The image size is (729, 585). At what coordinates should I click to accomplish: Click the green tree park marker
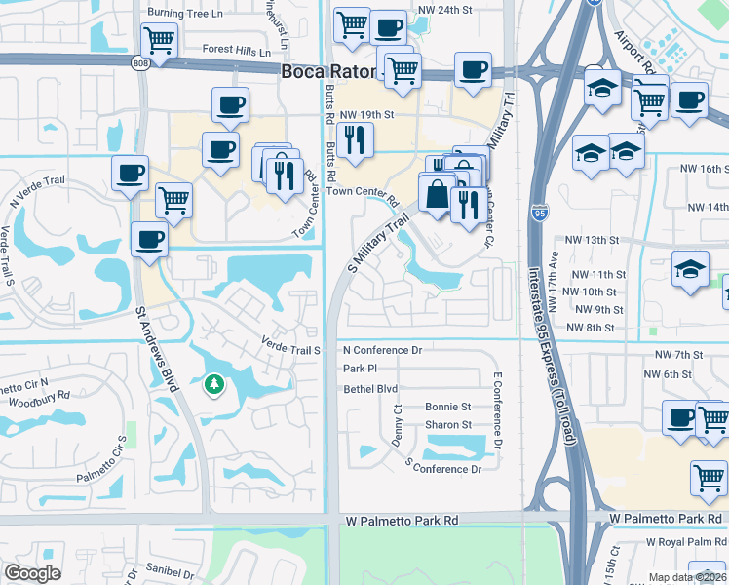pos(213,385)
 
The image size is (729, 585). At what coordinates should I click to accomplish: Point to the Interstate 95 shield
pos(541,210)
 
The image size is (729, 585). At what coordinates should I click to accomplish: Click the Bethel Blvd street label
pos(370,388)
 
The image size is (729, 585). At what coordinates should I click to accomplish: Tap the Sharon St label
pos(447,425)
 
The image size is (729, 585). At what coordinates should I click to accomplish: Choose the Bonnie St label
pos(447,407)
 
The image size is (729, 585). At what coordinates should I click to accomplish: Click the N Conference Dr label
pos(382,350)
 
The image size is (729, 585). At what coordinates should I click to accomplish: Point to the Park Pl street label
pos(360,369)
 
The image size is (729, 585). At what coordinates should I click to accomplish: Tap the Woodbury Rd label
pos(38,398)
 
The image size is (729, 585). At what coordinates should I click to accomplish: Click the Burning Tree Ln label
pos(184,14)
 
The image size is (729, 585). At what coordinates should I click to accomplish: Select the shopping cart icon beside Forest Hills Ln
pos(158,41)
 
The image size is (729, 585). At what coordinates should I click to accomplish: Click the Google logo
pos(33,573)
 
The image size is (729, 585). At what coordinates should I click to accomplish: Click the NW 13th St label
pos(593,240)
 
